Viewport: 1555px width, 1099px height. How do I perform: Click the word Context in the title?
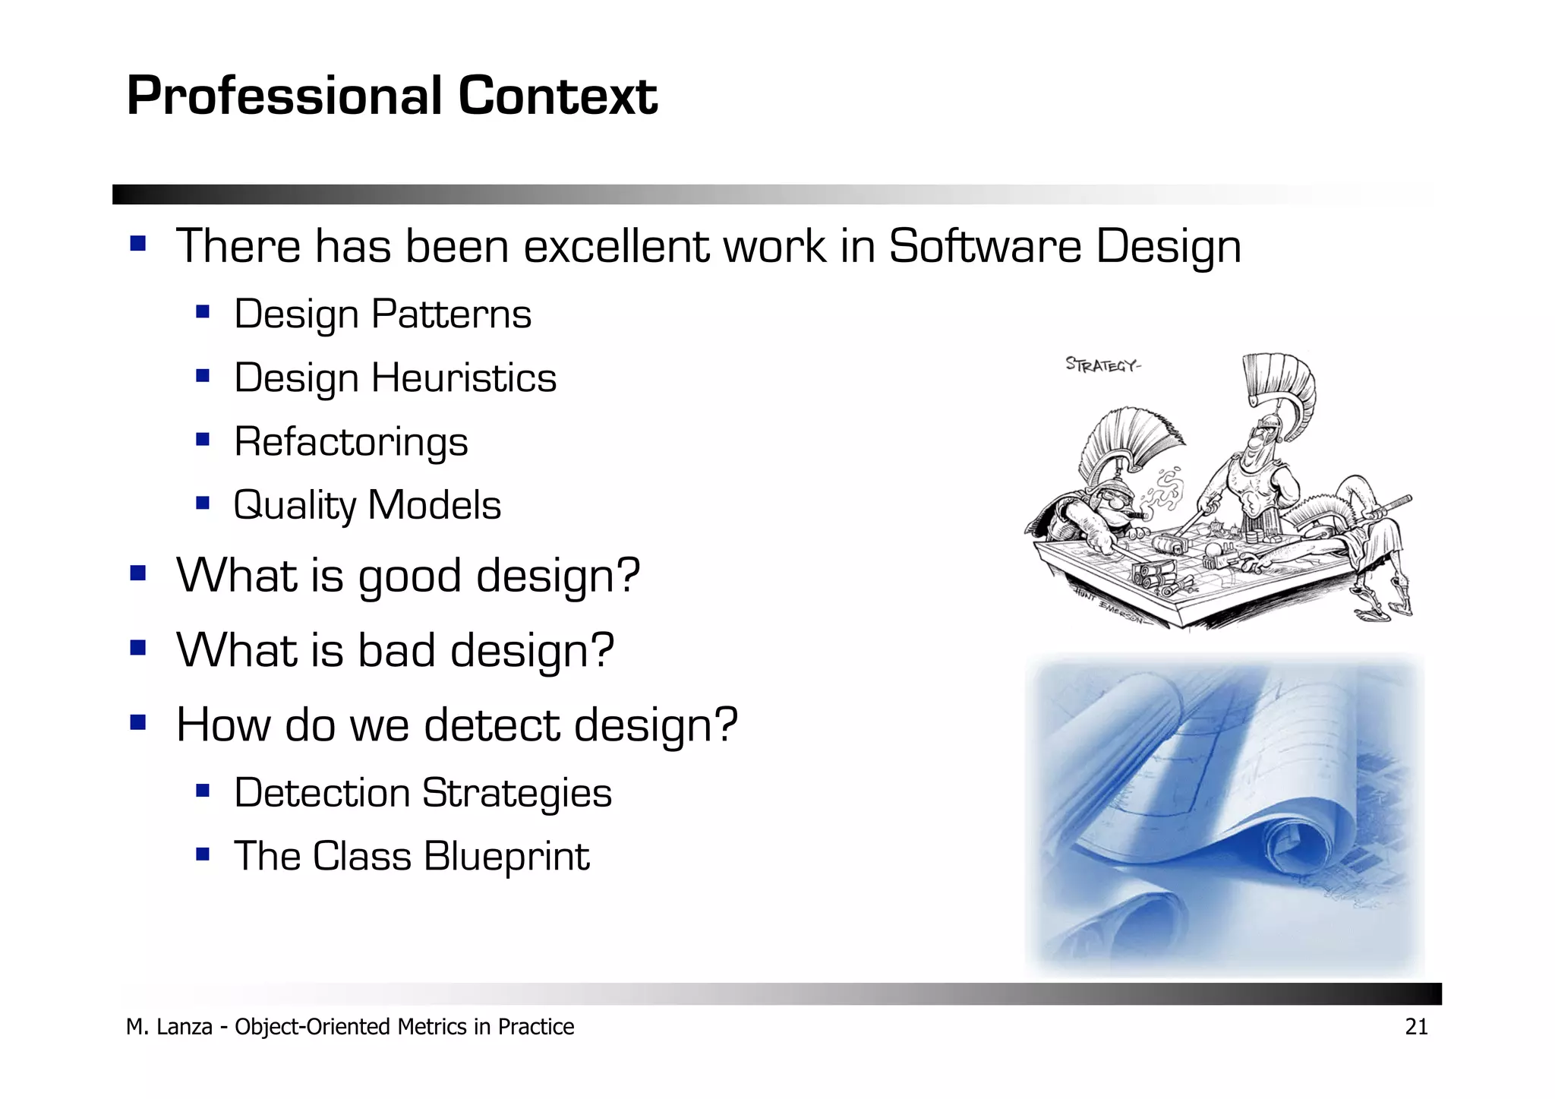(557, 96)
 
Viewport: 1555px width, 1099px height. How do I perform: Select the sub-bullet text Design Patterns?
(382, 314)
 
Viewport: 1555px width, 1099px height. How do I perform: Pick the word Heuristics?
(464, 378)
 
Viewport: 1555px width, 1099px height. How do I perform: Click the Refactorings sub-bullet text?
(351, 442)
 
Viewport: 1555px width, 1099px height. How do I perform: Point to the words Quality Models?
(367, 506)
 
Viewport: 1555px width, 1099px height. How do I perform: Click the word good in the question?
(409, 576)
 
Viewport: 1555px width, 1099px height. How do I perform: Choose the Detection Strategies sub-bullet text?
(422, 794)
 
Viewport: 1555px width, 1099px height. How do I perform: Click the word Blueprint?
(506, 857)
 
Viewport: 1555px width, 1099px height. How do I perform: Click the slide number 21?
(1416, 1027)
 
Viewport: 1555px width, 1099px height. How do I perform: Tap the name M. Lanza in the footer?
(169, 1027)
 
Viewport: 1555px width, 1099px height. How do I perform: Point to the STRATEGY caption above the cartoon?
(1102, 365)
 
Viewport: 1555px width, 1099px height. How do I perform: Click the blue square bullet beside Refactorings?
(202, 439)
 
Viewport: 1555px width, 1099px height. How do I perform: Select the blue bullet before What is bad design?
(137, 648)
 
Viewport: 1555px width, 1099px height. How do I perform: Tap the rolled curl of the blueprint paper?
(1296, 840)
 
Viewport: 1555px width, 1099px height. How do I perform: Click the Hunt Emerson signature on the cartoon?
(1110, 605)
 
